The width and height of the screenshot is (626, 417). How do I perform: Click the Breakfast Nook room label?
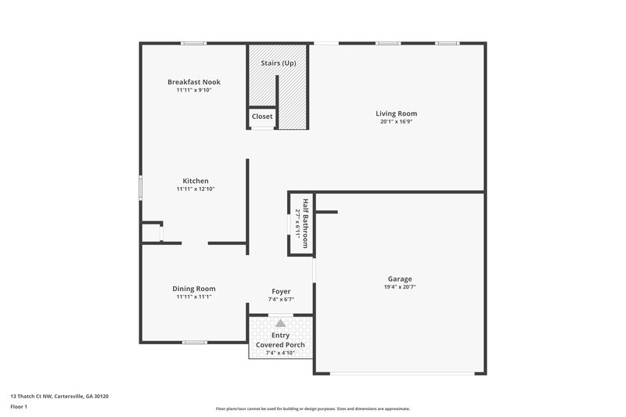(x=194, y=81)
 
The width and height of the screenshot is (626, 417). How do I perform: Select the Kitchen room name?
(x=196, y=181)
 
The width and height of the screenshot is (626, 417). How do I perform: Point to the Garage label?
(x=400, y=279)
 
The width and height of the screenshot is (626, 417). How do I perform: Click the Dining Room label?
(x=194, y=289)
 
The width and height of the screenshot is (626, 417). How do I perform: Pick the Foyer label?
(x=281, y=291)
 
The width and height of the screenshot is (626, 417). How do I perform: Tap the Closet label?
(x=262, y=117)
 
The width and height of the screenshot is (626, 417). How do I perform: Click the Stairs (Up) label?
(x=279, y=63)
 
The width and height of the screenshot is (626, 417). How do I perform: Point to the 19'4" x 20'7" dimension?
(x=400, y=287)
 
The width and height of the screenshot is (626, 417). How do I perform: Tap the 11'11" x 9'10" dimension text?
(x=194, y=90)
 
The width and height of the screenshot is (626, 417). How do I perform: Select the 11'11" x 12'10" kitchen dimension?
(x=196, y=189)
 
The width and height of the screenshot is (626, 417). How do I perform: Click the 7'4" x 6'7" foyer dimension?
(x=281, y=299)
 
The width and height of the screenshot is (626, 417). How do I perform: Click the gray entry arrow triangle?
(x=280, y=322)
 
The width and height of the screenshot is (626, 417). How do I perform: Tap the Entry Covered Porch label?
(x=280, y=340)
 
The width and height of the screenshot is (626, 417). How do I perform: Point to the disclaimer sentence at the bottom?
(x=313, y=408)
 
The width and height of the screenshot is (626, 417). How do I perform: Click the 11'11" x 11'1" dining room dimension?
(x=194, y=297)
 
